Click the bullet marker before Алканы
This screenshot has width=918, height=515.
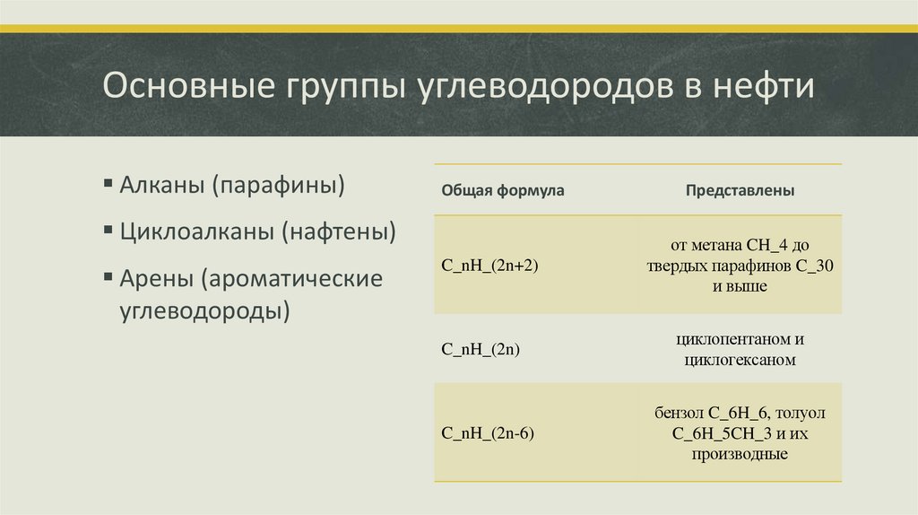pos(108,187)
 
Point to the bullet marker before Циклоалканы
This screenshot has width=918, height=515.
pos(108,232)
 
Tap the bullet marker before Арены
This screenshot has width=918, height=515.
pos(108,278)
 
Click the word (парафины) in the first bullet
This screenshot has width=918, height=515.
pos(279,187)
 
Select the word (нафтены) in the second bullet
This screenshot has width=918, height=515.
pos(340,232)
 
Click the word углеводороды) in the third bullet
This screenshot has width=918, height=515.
pos(205,311)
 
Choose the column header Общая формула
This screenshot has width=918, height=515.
pos(503,191)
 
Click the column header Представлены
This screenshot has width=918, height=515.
pos(740,191)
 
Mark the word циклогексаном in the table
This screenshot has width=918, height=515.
pos(740,361)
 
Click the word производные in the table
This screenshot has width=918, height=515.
pos(740,455)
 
